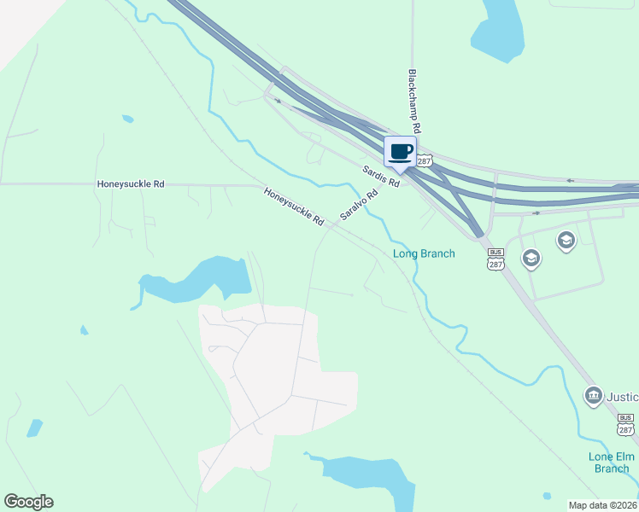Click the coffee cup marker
coord(400,153)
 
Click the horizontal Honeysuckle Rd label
coord(131,183)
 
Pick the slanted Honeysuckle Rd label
coord(294,207)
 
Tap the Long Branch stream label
coord(424,253)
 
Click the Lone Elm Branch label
coord(611,462)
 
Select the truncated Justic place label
coord(623,397)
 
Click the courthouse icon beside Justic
coord(593,396)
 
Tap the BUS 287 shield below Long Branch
coord(495,259)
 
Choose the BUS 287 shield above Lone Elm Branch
coord(626,424)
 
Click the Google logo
coord(28,502)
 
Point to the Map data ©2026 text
coord(602,505)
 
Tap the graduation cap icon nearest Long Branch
coord(531,258)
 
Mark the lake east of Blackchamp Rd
coord(501,30)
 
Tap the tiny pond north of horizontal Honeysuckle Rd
coord(127,119)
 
